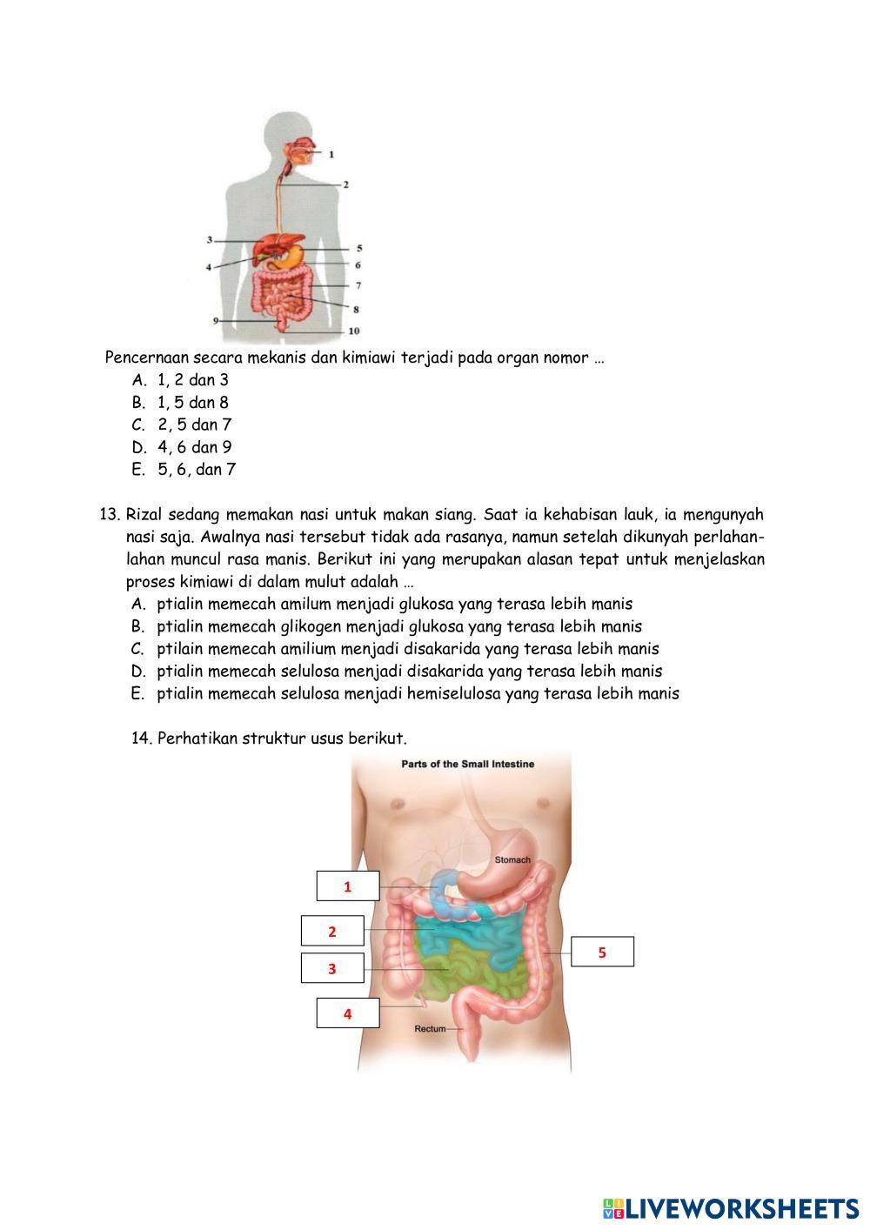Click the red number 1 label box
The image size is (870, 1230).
(347, 886)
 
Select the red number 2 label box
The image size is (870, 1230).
(331, 931)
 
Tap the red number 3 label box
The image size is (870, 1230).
(331, 968)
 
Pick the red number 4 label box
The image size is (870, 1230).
(347, 1013)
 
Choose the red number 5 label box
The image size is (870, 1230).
(602, 952)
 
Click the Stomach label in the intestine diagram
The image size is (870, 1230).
(512, 859)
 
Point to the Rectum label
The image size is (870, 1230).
(430, 1028)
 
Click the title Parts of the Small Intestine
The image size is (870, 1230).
(467, 764)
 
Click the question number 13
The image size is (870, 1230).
(110, 514)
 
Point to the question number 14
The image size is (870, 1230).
(141, 739)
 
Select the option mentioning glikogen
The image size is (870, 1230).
(399, 626)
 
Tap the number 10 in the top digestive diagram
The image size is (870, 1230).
(354, 331)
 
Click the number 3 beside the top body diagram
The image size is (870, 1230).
(210, 239)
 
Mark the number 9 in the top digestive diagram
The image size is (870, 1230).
(215, 320)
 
